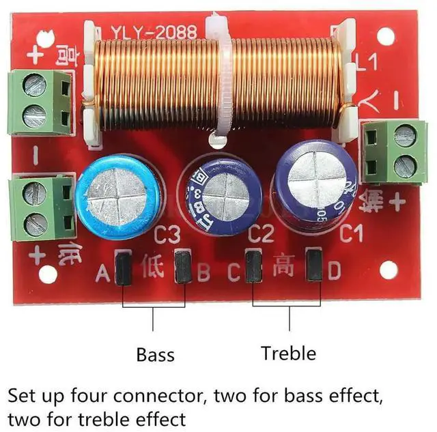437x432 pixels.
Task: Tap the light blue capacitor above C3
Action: pyautogui.click(x=119, y=196)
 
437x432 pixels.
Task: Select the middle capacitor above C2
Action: pyautogui.click(x=221, y=192)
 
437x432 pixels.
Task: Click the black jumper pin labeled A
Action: pyautogui.click(x=124, y=268)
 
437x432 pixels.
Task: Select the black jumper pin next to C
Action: pyautogui.click(x=253, y=267)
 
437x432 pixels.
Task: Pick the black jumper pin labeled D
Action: pyautogui.click(x=313, y=266)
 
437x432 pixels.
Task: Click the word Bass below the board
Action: pyautogui.click(x=155, y=355)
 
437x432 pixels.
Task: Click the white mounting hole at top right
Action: pyautogui.click(x=386, y=36)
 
